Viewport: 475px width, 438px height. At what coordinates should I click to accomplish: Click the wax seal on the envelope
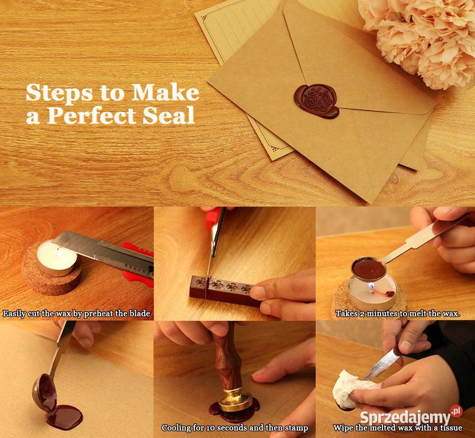click(316, 101)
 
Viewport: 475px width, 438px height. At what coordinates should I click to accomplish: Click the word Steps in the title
click(60, 92)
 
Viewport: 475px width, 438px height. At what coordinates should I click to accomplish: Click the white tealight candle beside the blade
click(57, 257)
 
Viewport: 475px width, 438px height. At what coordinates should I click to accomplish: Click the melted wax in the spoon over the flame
click(369, 269)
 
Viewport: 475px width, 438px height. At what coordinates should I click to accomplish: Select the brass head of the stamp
click(236, 400)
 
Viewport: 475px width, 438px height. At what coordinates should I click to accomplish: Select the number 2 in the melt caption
click(362, 314)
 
